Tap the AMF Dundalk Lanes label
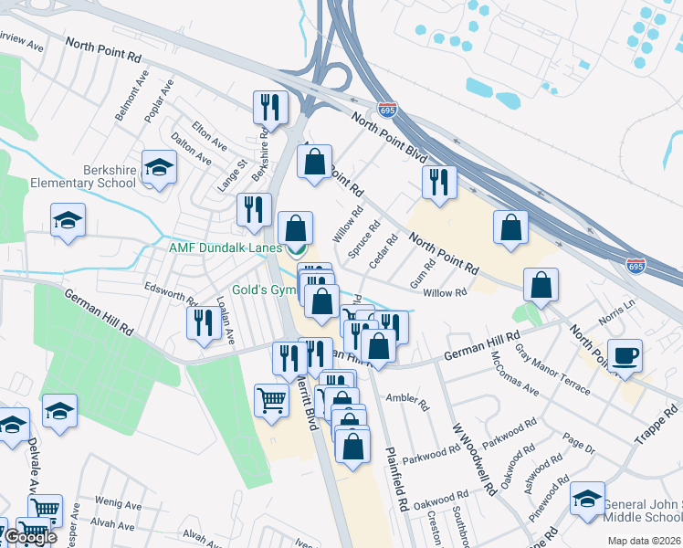point(224,248)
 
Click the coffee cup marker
point(625,355)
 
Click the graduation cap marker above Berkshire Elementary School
point(159,167)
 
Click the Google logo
point(30,537)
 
